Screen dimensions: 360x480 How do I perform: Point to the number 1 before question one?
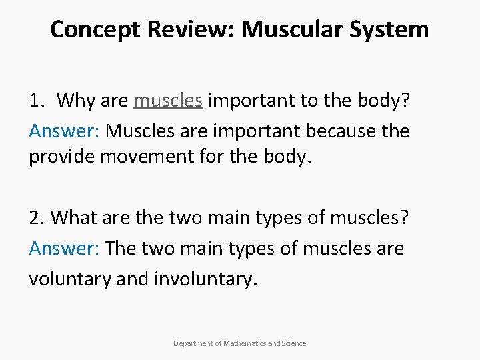(34, 101)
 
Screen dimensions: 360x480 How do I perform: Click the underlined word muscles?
(168, 101)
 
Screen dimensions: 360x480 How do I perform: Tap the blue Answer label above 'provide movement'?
(64, 131)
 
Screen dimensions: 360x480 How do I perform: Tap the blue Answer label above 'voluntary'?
(64, 248)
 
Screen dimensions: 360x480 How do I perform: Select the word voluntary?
(69, 278)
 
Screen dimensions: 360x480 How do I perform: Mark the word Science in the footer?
(294, 343)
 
